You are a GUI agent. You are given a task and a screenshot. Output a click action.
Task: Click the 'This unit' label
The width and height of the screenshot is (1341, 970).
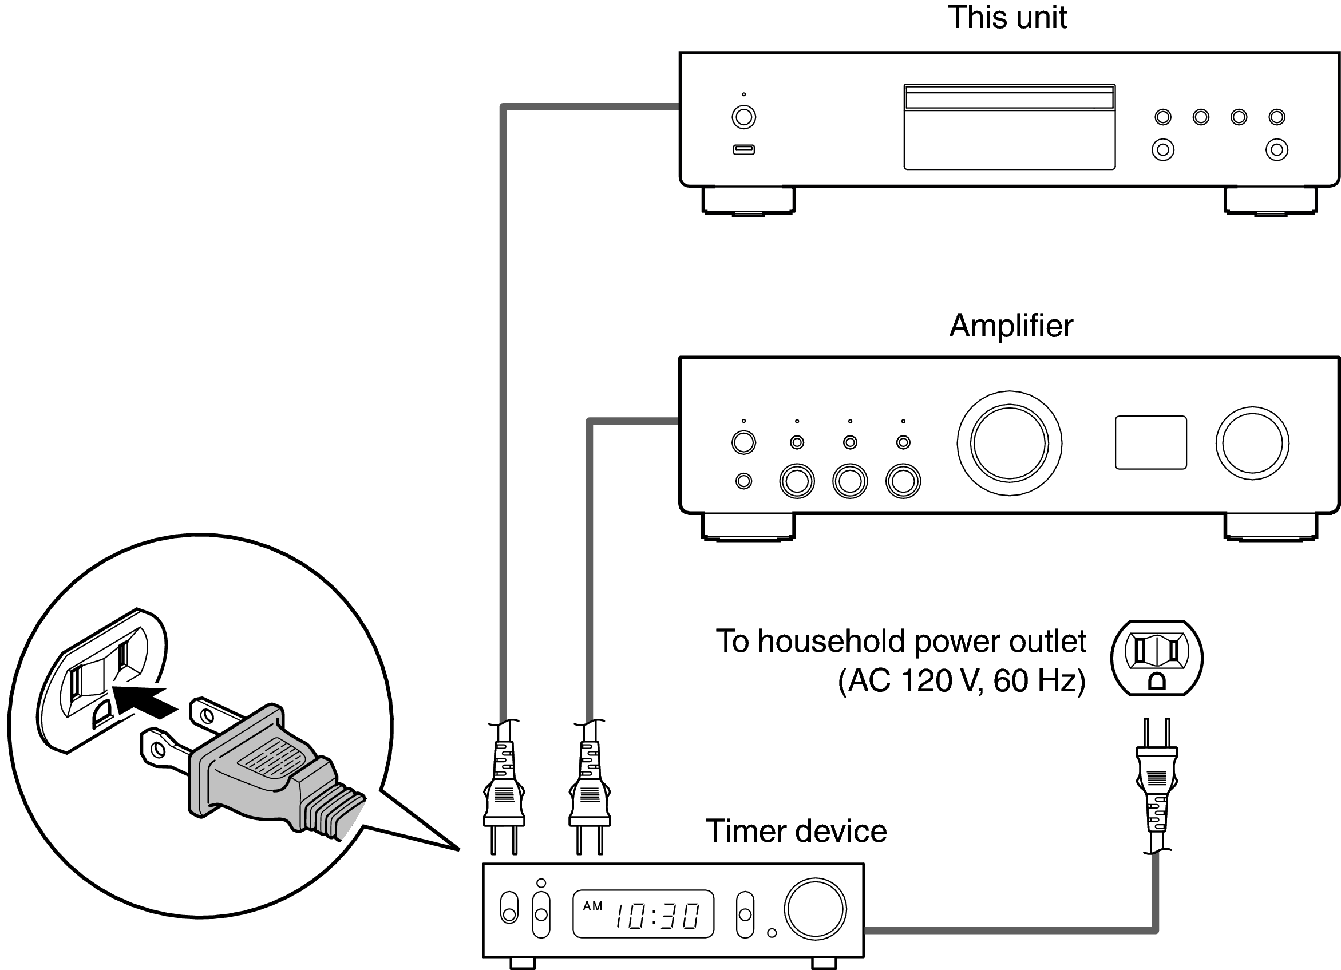point(1007,18)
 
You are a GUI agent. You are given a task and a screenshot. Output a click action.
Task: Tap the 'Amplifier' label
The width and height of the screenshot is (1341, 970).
point(1011,326)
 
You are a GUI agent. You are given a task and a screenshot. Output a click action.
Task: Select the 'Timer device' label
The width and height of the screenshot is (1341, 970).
point(796,831)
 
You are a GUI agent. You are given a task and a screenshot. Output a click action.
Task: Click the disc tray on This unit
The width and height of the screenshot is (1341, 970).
point(1009,127)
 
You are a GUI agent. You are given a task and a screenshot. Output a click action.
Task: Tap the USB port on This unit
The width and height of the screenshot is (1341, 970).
point(744,149)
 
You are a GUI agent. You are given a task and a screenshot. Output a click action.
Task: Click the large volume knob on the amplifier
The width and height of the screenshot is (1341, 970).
point(1009,443)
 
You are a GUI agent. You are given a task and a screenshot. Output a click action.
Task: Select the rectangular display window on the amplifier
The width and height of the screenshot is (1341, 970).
point(1150,443)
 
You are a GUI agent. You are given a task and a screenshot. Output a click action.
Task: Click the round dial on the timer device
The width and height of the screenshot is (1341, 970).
point(816,909)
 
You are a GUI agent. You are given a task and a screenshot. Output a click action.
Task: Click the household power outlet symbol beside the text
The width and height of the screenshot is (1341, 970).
point(1157,658)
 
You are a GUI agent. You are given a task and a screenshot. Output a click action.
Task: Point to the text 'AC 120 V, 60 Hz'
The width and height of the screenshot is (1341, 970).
point(962,681)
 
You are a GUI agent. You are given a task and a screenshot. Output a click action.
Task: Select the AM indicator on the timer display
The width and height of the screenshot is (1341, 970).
point(592,906)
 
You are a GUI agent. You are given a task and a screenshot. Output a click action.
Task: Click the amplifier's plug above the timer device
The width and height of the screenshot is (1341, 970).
point(590,786)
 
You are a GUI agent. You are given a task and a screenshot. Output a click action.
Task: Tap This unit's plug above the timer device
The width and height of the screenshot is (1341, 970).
point(504,786)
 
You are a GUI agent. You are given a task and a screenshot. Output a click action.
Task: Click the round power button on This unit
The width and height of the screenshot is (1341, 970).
point(744,117)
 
